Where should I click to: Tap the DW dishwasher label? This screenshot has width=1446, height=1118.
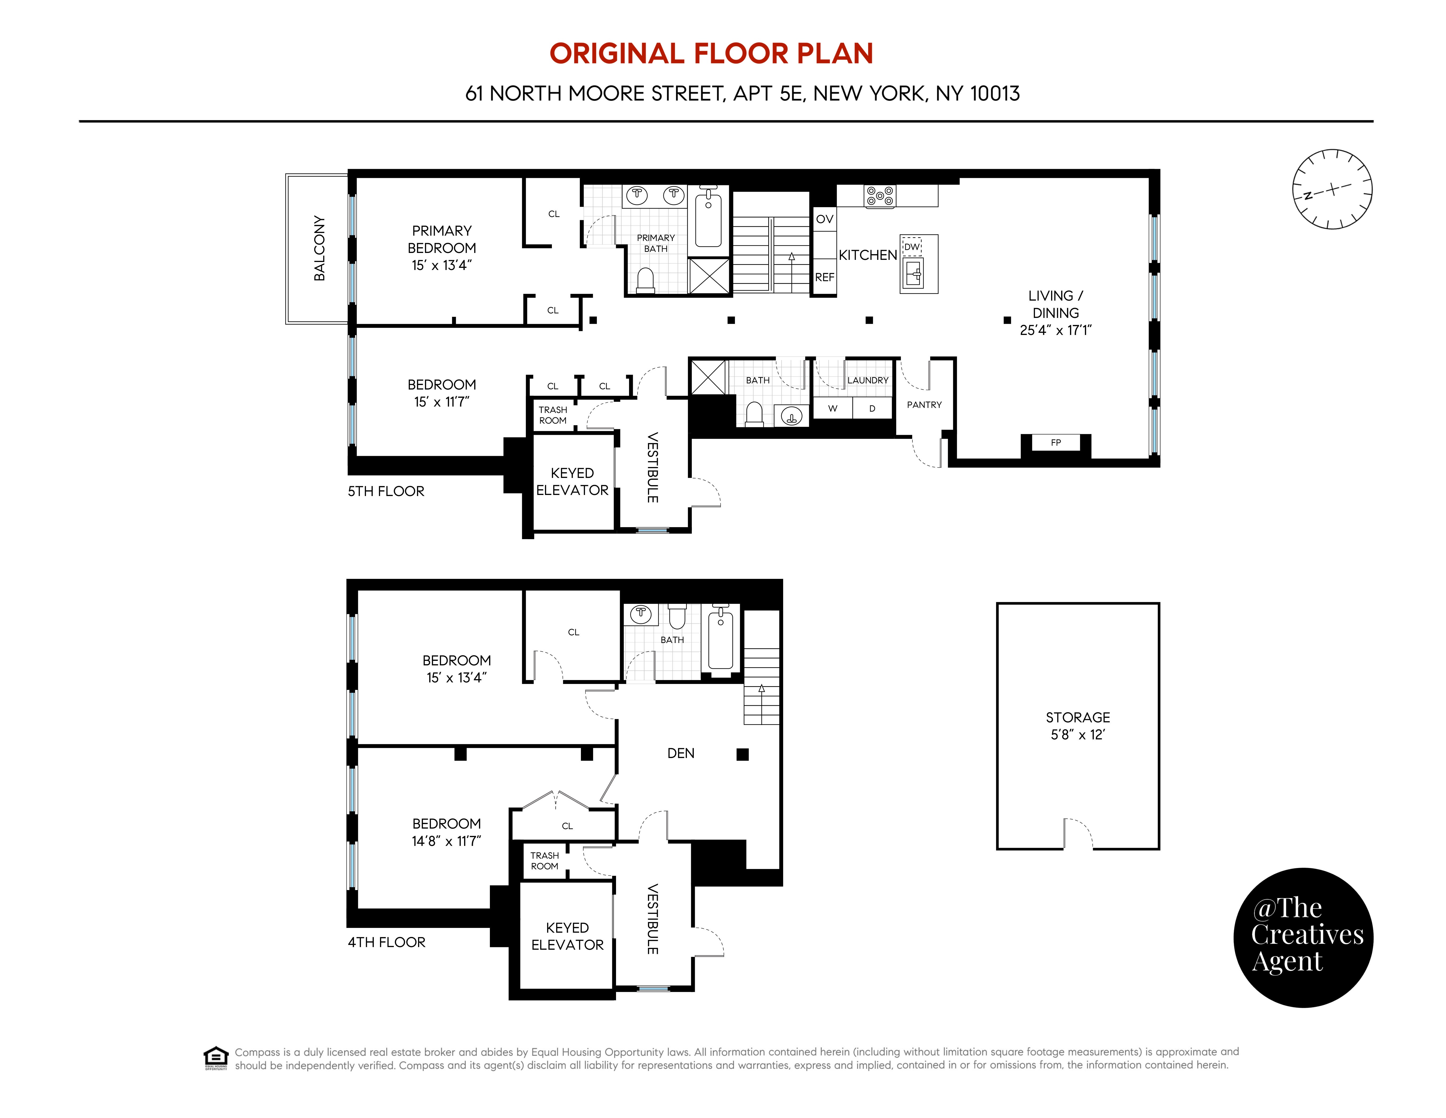click(x=912, y=246)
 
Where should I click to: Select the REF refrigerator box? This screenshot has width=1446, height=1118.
click(x=824, y=277)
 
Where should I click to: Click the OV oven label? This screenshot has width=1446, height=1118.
click(x=824, y=219)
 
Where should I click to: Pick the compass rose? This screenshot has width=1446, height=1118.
click(x=1332, y=189)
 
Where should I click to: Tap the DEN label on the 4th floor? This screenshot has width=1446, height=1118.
click(x=681, y=753)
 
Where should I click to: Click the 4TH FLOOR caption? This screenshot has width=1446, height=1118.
click(x=387, y=942)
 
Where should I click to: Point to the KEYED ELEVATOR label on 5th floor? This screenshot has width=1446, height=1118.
click(x=572, y=481)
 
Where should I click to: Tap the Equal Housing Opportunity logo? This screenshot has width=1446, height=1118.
click(x=216, y=1058)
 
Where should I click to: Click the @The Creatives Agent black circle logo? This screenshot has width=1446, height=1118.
click(x=1303, y=937)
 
